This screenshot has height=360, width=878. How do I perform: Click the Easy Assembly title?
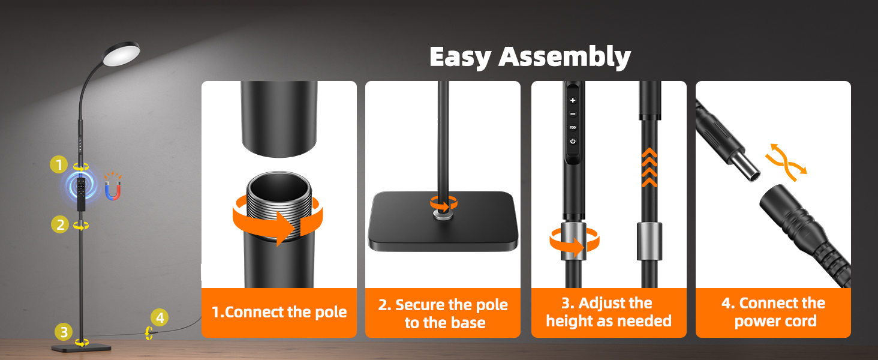[x=530, y=57]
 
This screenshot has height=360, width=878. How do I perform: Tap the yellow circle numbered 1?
[x=59, y=165]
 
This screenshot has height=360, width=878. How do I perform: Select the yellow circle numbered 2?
[x=60, y=225]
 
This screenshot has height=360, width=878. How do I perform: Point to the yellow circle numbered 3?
[x=64, y=332]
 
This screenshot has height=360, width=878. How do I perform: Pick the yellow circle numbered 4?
[x=160, y=317]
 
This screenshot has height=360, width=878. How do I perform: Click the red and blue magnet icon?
[x=113, y=186]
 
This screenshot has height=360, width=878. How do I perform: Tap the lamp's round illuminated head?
[x=121, y=54]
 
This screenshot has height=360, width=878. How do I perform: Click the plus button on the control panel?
[x=573, y=100]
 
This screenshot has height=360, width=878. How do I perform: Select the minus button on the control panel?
[x=573, y=114]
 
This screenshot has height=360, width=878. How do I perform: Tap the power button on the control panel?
[x=573, y=141]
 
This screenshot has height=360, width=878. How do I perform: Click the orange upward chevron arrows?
[x=650, y=167]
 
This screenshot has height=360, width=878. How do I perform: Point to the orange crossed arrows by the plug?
[x=786, y=163]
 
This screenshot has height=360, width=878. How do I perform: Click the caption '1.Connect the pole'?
[x=279, y=312]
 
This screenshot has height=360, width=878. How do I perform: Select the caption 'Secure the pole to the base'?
[x=443, y=313]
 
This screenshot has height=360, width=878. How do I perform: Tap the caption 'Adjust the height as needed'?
[x=609, y=312]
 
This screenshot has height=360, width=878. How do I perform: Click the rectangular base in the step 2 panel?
[x=443, y=221]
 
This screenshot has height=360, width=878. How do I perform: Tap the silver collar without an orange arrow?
[x=649, y=241]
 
